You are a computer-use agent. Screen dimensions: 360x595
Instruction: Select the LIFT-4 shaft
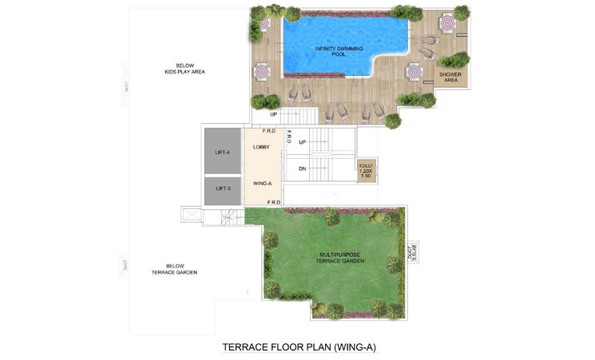[x=223, y=151]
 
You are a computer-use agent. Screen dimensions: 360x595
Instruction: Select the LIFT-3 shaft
[x=223, y=188]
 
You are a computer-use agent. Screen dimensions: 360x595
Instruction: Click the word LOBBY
[x=262, y=148]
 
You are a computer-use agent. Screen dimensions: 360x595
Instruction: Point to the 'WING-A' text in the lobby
[x=263, y=184]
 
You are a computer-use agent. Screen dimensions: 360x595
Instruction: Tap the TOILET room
[x=366, y=169]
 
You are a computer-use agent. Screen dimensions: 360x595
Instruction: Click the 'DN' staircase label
[x=303, y=168]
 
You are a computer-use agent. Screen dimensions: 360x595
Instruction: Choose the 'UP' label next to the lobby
[x=303, y=142]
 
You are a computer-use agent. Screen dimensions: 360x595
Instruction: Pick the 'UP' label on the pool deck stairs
[x=273, y=114]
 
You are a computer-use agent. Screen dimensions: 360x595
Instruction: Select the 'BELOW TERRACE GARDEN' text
[x=174, y=269]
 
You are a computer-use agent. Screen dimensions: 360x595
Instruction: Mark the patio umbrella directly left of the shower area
[x=414, y=72]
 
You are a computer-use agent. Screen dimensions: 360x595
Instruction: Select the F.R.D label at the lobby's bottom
[x=272, y=204]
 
